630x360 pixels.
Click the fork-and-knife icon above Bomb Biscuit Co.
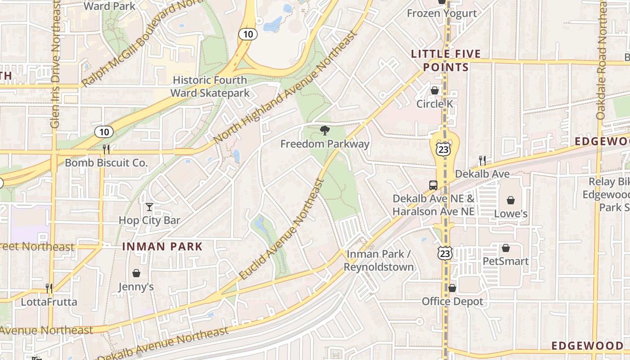click(x=106, y=148)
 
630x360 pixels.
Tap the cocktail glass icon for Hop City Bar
click(x=149, y=207)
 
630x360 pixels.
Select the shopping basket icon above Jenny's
click(x=136, y=273)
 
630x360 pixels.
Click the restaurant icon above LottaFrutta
click(x=49, y=288)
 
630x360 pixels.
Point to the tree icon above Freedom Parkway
click(x=324, y=131)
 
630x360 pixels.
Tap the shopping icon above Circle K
click(x=434, y=90)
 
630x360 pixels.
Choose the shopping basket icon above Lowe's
click(x=511, y=200)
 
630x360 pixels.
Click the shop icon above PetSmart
click(x=505, y=247)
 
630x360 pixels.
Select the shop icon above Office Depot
click(x=452, y=288)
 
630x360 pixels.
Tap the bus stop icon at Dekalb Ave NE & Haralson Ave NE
click(x=433, y=185)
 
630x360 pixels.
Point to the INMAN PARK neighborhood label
click(x=162, y=247)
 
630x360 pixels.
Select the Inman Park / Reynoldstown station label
click(x=378, y=261)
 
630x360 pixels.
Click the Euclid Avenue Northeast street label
click(x=282, y=229)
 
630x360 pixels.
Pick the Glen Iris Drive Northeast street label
click(x=55, y=63)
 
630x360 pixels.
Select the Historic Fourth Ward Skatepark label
click(x=210, y=86)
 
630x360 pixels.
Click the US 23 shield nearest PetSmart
click(x=444, y=253)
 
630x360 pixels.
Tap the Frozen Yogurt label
click(x=441, y=13)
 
